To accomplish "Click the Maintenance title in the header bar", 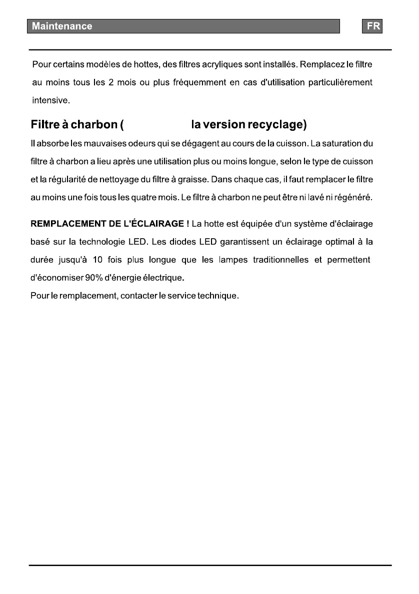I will [x=62, y=26].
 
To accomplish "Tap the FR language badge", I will [x=372, y=26].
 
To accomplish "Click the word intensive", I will [x=50, y=100].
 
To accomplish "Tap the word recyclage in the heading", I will [x=277, y=124].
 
